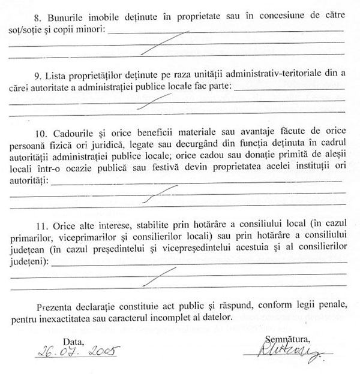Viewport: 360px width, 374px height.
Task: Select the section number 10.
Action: click(41, 131)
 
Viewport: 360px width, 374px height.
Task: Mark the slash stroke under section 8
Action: click(168, 44)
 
